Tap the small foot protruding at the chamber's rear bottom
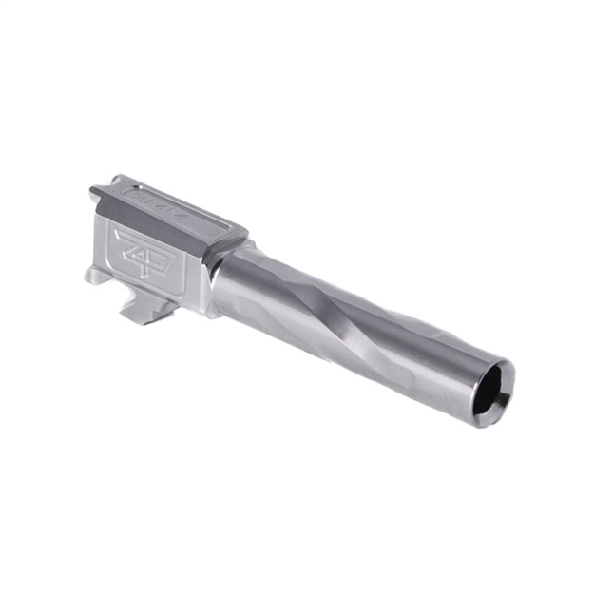pyautogui.click(x=94, y=276)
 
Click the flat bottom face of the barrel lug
pyautogui.click(x=138, y=317)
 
